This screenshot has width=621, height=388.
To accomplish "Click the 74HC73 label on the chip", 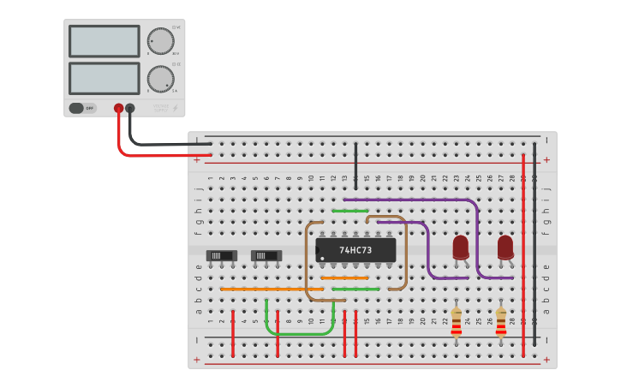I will (x=355, y=250).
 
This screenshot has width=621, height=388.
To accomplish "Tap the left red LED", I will (x=461, y=247).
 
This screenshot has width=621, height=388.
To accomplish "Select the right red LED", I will (x=505, y=247).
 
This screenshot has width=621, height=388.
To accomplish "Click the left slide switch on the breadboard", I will (x=221, y=255).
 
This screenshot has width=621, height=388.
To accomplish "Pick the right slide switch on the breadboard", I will (x=266, y=255).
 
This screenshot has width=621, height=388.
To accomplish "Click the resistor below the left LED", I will (x=457, y=322).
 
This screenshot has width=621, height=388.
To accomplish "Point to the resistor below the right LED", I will (x=501, y=322).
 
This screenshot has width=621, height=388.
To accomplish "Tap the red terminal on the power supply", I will (x=118, y=109).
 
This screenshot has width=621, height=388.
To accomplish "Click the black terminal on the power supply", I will (x=130, y=109).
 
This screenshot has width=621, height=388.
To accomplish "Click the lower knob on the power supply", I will (x=159, y=79).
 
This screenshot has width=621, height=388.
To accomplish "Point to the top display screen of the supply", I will (x=104, y=41).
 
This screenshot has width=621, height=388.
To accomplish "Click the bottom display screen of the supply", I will (x=104, y=78).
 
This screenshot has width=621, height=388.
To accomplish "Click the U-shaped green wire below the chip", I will (x=300, y=333).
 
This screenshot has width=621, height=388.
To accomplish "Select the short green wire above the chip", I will (x=350, y=210).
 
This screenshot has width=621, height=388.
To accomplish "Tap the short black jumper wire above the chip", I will (x=355, y=165).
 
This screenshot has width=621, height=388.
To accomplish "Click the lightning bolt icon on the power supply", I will (x=176, y=109).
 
